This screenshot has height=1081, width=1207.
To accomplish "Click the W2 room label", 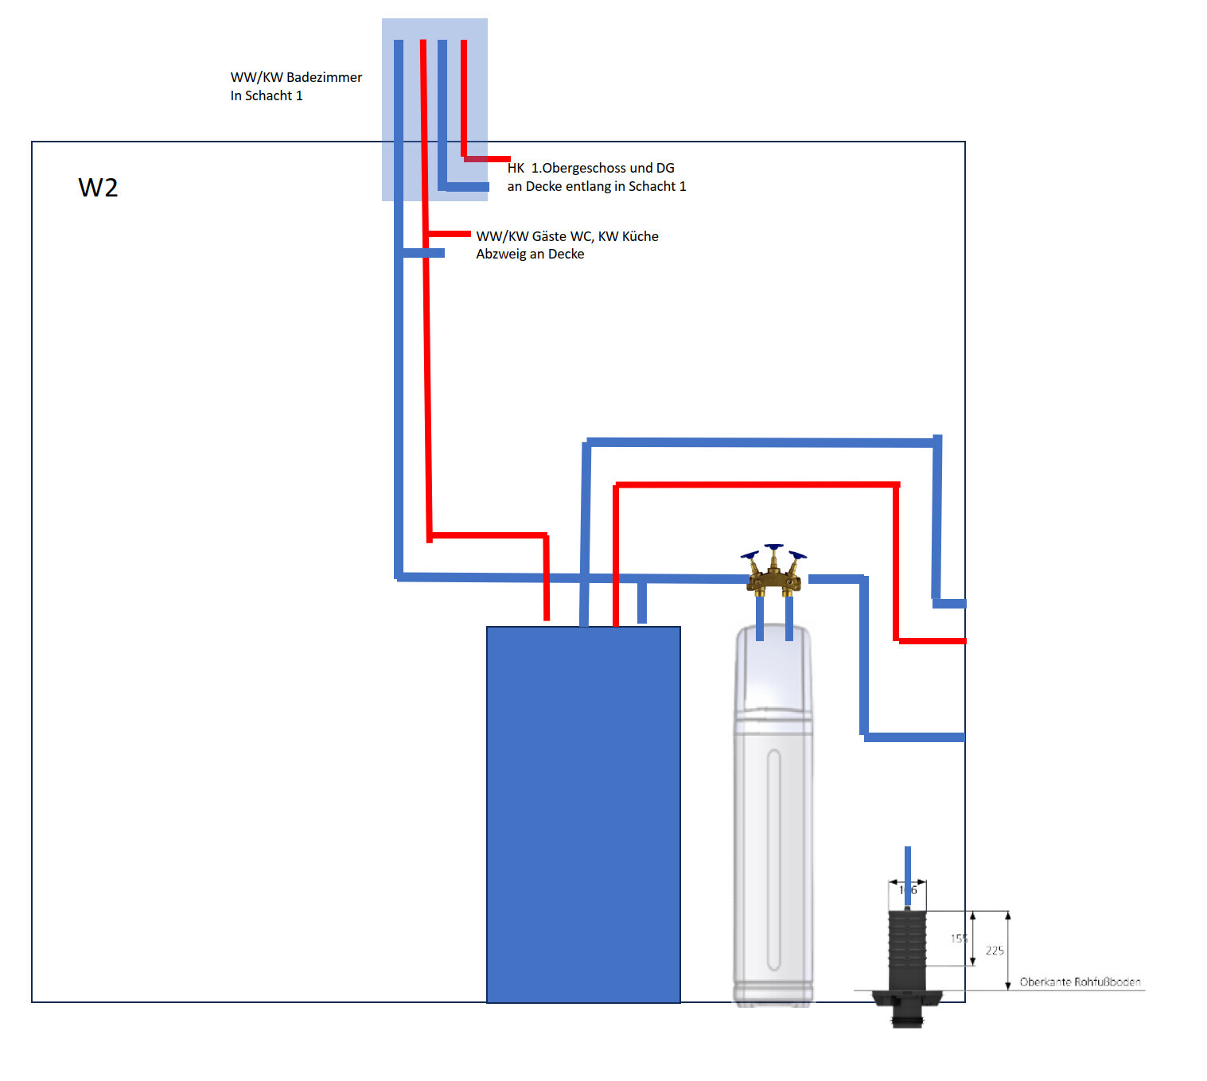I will pos(98,188).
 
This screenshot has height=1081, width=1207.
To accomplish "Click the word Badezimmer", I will pos(324,77).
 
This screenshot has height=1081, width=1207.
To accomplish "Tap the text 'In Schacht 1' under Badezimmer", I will pos(267,95).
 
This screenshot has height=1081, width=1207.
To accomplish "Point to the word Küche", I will pos(640,236).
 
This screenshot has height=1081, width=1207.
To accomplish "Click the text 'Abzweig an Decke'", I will pos(530,254).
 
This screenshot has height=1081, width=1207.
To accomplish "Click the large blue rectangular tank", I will pos(583,811).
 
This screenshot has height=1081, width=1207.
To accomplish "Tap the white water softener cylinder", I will pos(773,819).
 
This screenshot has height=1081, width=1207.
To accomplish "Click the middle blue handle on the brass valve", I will pos(773,547).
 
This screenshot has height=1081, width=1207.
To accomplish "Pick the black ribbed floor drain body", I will pos(907,947).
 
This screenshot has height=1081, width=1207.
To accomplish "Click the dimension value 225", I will pos(995,951).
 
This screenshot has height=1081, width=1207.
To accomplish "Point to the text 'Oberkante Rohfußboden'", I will pos(1080,982).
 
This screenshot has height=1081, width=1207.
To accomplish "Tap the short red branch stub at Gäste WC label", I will pos(450,233).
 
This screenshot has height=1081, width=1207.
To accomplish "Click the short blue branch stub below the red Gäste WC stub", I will pos(423,253).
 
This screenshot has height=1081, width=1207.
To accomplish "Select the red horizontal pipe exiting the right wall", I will pos(931,640).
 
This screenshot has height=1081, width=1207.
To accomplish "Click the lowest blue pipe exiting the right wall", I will pos(915,737).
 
